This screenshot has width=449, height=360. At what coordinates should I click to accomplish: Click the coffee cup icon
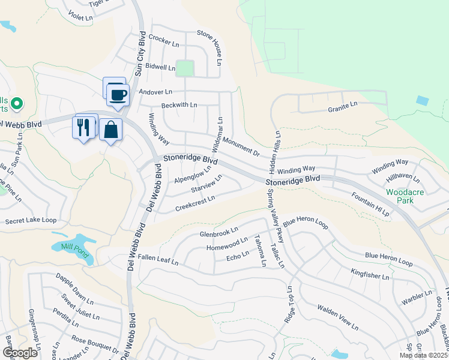point(118,94)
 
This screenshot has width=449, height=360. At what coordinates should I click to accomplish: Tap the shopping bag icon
point(111,130)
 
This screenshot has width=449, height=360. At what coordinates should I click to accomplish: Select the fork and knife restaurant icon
point(83,127)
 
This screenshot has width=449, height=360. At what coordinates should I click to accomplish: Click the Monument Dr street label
point(240,146)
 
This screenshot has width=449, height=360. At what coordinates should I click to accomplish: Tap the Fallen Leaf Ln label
point(158,259)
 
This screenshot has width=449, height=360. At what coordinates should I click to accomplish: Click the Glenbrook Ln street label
point(219,232)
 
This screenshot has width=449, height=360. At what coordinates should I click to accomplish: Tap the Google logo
point(20,353)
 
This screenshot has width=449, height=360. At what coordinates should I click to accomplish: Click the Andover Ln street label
point(155,92)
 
